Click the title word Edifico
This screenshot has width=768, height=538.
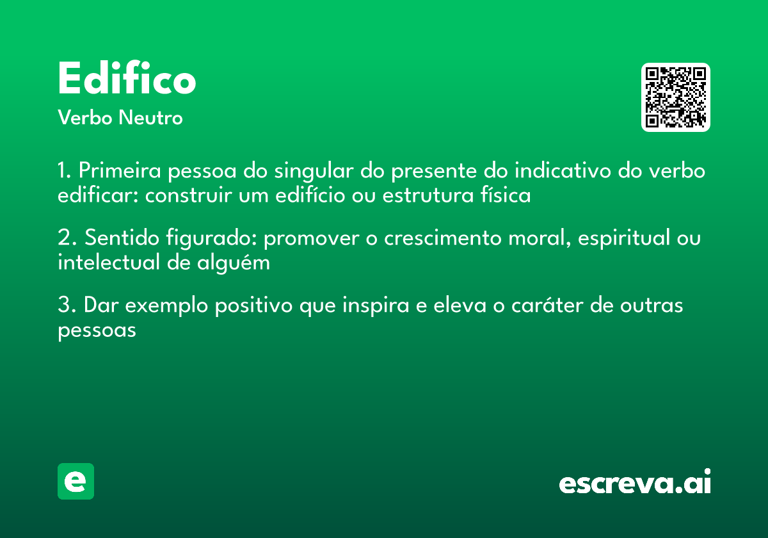click(127, 79)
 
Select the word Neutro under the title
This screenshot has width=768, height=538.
click(150, 118)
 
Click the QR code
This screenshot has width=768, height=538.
click(676, 97)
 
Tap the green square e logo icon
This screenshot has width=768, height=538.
click(76, 481)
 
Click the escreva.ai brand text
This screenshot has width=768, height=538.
click(635, 483)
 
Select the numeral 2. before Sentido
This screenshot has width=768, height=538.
click(67, 238)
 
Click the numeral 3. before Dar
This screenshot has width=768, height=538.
click(67, 306)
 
